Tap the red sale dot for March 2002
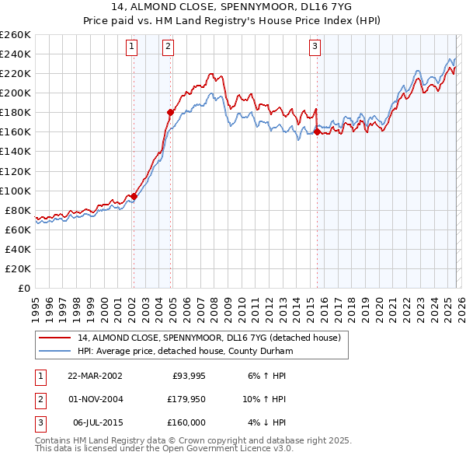[134, 196]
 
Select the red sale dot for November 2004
[170, 112]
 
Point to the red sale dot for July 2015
[317, 131]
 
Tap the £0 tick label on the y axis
[23, 288]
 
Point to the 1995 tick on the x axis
[36, 304]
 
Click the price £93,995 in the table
[184, 376]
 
